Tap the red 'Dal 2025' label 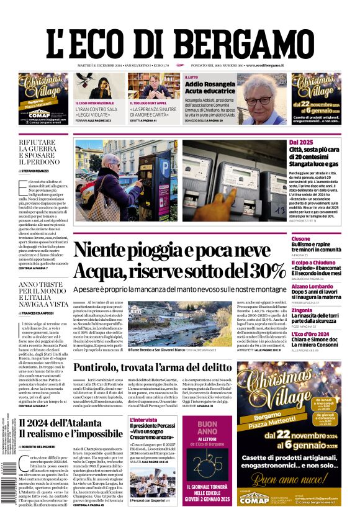click(x=302, y=143)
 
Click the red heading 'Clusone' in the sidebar click(x=301, y=238)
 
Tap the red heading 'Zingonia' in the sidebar click(x=302, y=310)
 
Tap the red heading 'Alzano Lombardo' click(x=313, y=286)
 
